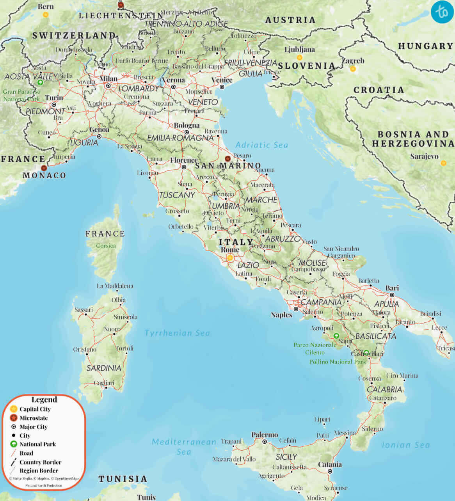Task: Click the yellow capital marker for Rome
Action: pyautogui.click(x=230, y=258)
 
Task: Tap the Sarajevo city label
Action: pyautogui.click(x=424, y=156)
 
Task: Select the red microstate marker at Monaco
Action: pyautogui.click(x=44, y=168)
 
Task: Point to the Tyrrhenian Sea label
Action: pyautogui.click(x=177, y=333)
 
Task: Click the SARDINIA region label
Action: pyautogui.click(x=104, y=368)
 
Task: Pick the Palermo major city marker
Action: pyautogui.click(x=265, y=442)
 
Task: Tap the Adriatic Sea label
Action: pyautogui.click(x=261, y=145)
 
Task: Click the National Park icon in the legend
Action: pyautogui.click(x=14, y=444)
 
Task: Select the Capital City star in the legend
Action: pyautogui.click(x=14, y=409)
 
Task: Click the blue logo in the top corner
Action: pyautogui.click(x=443, y=12)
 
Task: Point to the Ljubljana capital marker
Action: pyautogui.click(x=299, y=57)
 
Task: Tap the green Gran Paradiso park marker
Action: pyautogui.click(x=40, y=82)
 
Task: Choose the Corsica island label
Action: pyautogui.click(x=106, y=245)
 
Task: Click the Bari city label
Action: pyautogui.click(x=392, y=288)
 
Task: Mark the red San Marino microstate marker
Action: pyautogui.click(x=227, y=158)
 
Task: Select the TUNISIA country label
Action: pyautogui.click(x=123, y=479)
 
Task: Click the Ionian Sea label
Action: pyautogui.click(x=405, y=445)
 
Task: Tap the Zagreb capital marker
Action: pyautogui.click(x=353, y=69)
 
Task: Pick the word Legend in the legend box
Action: pyautogui.click(x=44, y=400)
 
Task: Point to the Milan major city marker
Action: pyautogui.click(x=109, y=85)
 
